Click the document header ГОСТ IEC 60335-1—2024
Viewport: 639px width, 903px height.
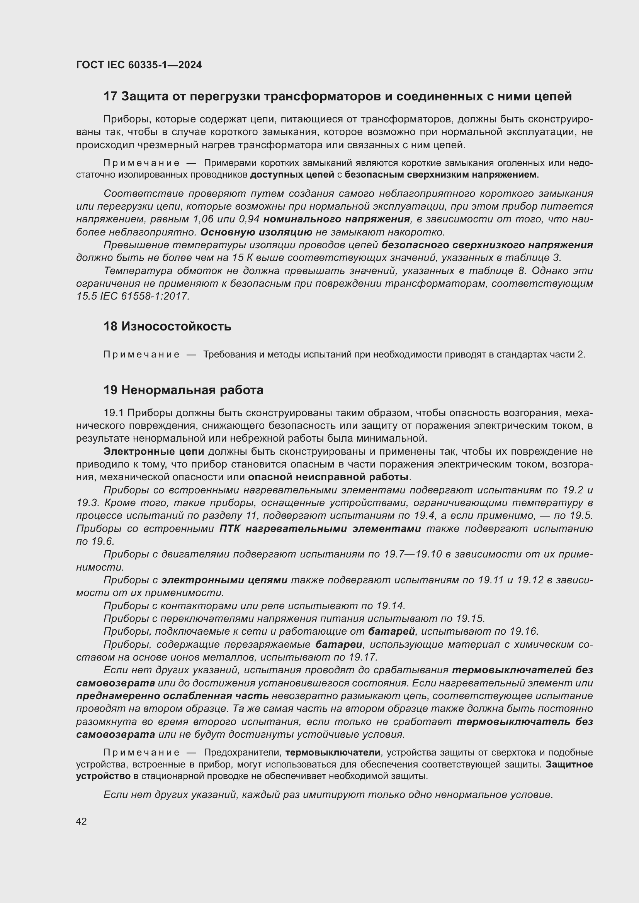pyautogui.click(x=139, y=65)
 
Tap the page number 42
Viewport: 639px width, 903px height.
pyautogui.click(x=82, y=821)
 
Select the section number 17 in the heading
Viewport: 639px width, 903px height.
pyautogui.click(x=110, y=97)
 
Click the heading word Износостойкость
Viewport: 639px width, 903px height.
pyautogui.click(x=176, y=326)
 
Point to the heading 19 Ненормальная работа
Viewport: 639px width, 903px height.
pyautogui.click(x=183, y=390)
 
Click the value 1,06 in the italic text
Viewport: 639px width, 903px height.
pyautogui.click(x=204, y=219)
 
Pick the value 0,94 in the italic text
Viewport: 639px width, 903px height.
pyautogui.click(x=247, y=219)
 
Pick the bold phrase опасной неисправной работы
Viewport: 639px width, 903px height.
pyautogui.click(x=328, y=477)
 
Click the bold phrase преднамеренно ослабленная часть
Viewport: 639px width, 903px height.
pyautogui.click(x=172, y=696)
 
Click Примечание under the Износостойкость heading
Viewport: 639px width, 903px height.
pyautogui.click(x=141, y=354)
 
